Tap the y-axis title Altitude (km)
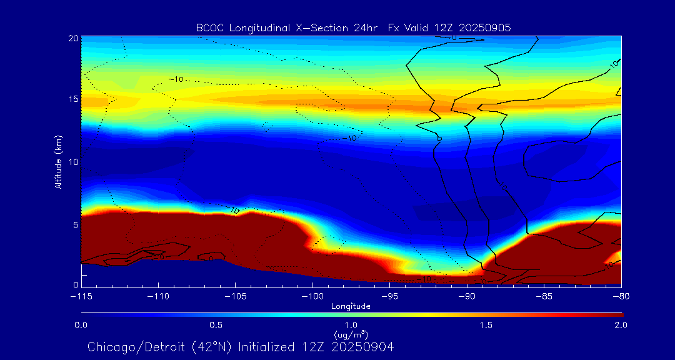pos(58,161)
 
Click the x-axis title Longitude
pos(351,306)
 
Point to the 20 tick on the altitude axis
pos(73,39)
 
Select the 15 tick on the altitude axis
pos(73,100)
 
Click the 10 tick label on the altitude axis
pos(73,162)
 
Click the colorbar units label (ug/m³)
pos(351,334)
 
